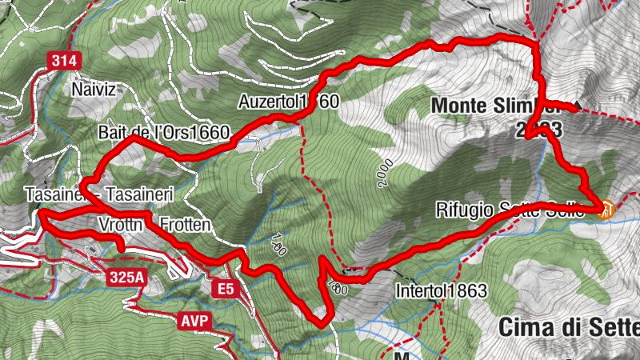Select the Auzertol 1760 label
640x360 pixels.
(289, 102)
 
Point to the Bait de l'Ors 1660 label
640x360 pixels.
(163, 132)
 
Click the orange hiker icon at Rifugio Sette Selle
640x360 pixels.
(607, 210)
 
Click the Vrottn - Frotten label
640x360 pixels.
(155, 225)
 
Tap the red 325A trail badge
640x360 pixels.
(127, 278)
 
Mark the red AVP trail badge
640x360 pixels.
(194, 322)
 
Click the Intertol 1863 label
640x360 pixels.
(441, 291)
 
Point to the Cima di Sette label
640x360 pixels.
(568, 326)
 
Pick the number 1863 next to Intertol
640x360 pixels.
(468, 291)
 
